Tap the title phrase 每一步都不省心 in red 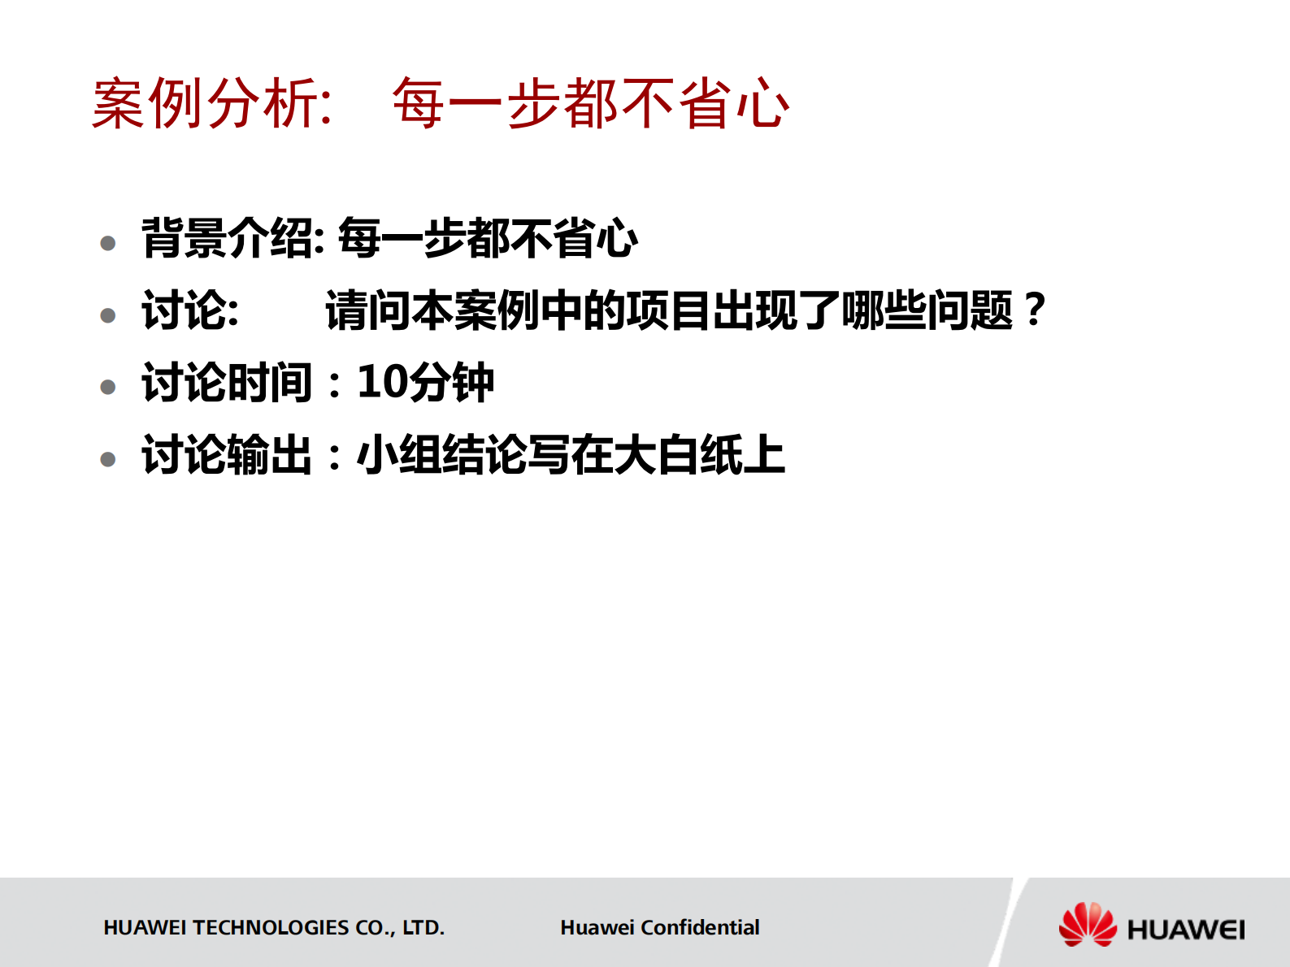(590, 104)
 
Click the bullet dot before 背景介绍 (108, 243)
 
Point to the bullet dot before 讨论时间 (108, 387)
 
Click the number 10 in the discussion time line (382, 382)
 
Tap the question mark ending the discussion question (1034, 310)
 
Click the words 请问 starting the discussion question (367, 310)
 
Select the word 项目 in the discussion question (668, 310)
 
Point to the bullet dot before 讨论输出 (108, 459)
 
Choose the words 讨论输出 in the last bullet (228, 454)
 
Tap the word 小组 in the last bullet (399, 454)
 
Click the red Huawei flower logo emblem (1088, 925)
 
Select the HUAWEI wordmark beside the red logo (1185, 930)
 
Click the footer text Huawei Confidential (659, 927)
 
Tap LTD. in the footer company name (423, 927)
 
